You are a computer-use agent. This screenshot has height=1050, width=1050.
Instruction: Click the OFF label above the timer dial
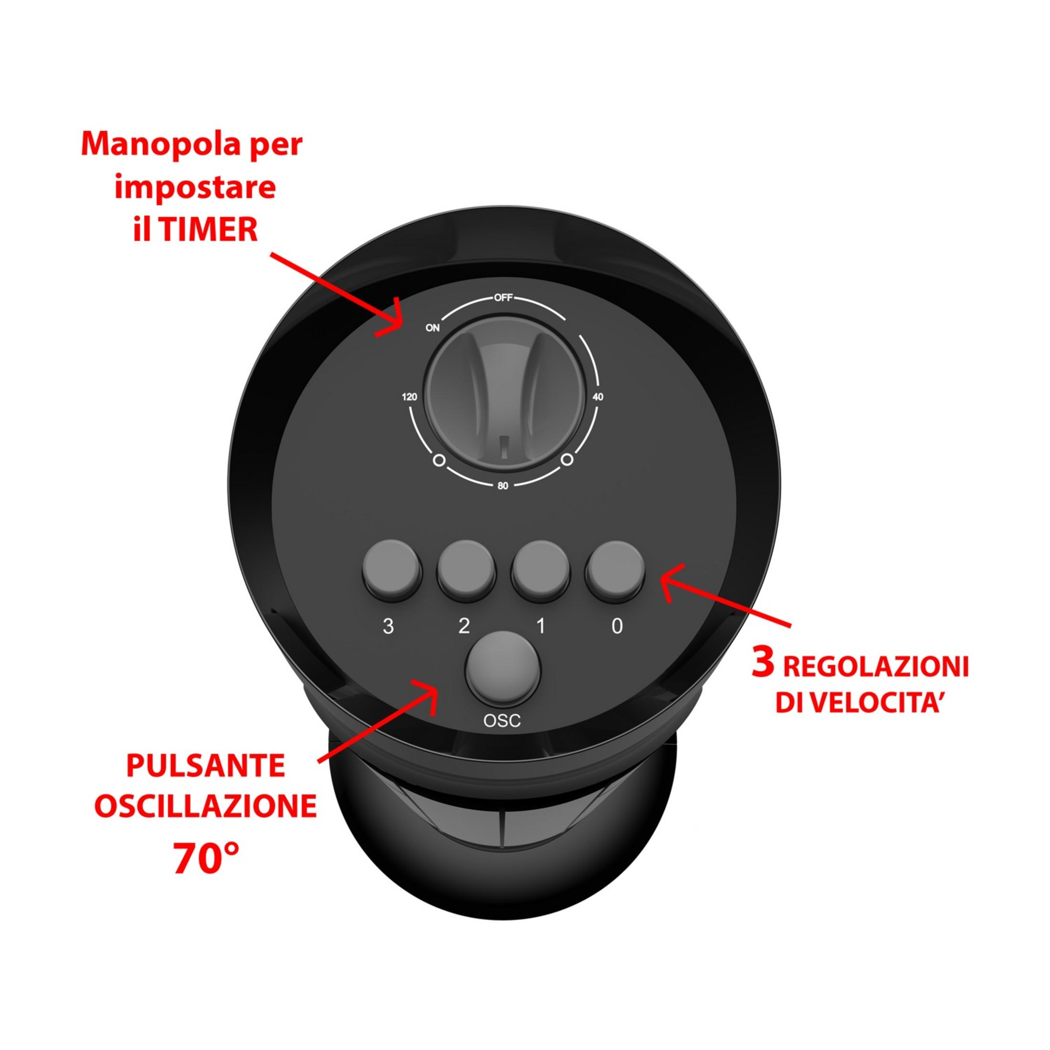point(503,298)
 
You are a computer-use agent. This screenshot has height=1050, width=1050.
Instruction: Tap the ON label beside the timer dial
point(432,328)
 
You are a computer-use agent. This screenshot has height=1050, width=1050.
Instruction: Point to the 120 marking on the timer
point(409,397)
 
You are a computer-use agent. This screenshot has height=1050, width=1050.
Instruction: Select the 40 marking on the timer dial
point(598,397)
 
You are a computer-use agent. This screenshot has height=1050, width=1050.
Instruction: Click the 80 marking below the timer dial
point(503,485)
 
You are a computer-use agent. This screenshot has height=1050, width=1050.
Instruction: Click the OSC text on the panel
point(502,721)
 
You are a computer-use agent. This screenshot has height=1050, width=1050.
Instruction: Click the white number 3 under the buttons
point(388,627)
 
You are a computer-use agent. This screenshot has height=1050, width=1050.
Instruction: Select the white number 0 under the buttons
point(617,627)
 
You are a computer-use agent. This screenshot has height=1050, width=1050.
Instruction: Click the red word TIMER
point(209,230)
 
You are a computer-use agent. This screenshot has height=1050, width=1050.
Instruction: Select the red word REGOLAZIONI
point(876,666)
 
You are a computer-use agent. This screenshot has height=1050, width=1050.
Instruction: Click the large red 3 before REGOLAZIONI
point(763,662)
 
